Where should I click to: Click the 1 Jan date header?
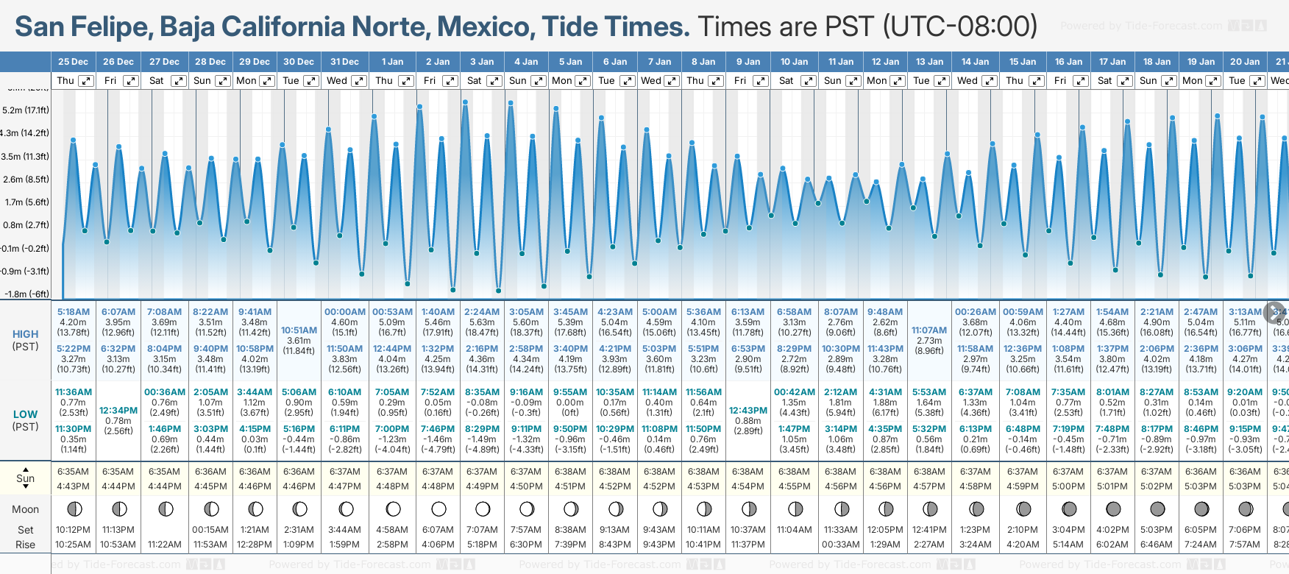pos(391,62)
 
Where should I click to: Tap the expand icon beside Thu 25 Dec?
pos(86,81)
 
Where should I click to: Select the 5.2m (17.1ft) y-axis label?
pos(26,110)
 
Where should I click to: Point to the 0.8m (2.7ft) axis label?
pos(26,225)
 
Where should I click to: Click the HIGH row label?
pos(26,334)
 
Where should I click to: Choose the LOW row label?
pos(26,415)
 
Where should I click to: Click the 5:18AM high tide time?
pos(74,312)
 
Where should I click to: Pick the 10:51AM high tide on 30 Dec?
pos(299,330)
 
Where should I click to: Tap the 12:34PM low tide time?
pos(118,411)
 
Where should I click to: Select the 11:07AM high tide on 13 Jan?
pos(929,330)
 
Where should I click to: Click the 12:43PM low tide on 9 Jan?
pos(748,411)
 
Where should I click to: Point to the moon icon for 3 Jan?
pos(483,509)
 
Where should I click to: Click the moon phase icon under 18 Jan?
pos(1157,509)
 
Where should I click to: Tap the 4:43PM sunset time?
pos(74,486)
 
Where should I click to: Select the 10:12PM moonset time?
pos(74,530)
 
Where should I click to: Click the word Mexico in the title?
pos(485,26)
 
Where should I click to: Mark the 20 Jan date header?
pos(1245,62)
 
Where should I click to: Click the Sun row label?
pos(26,478)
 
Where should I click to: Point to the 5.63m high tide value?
pos(482,322)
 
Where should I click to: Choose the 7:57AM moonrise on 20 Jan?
pos(1245,545)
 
